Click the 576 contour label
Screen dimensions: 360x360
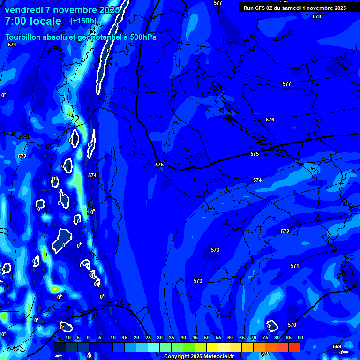(270, 120)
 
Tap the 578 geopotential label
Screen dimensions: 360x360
(317, 16)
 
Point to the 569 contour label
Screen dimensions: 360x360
(337, 346)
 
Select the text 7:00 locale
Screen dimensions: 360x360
(33, 21)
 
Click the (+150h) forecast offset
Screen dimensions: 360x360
(83, 21)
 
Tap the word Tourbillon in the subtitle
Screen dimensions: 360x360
(24, 37)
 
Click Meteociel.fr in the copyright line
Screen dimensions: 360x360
(222, 356)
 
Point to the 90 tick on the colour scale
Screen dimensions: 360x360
(300, 337)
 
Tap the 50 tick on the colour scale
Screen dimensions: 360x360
(206, 337)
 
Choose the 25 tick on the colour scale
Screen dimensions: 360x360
(148, 337)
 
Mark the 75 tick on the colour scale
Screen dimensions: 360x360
(265, 337)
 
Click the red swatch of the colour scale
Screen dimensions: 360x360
(294, 347)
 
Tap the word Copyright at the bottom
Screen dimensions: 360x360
(177, 356)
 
